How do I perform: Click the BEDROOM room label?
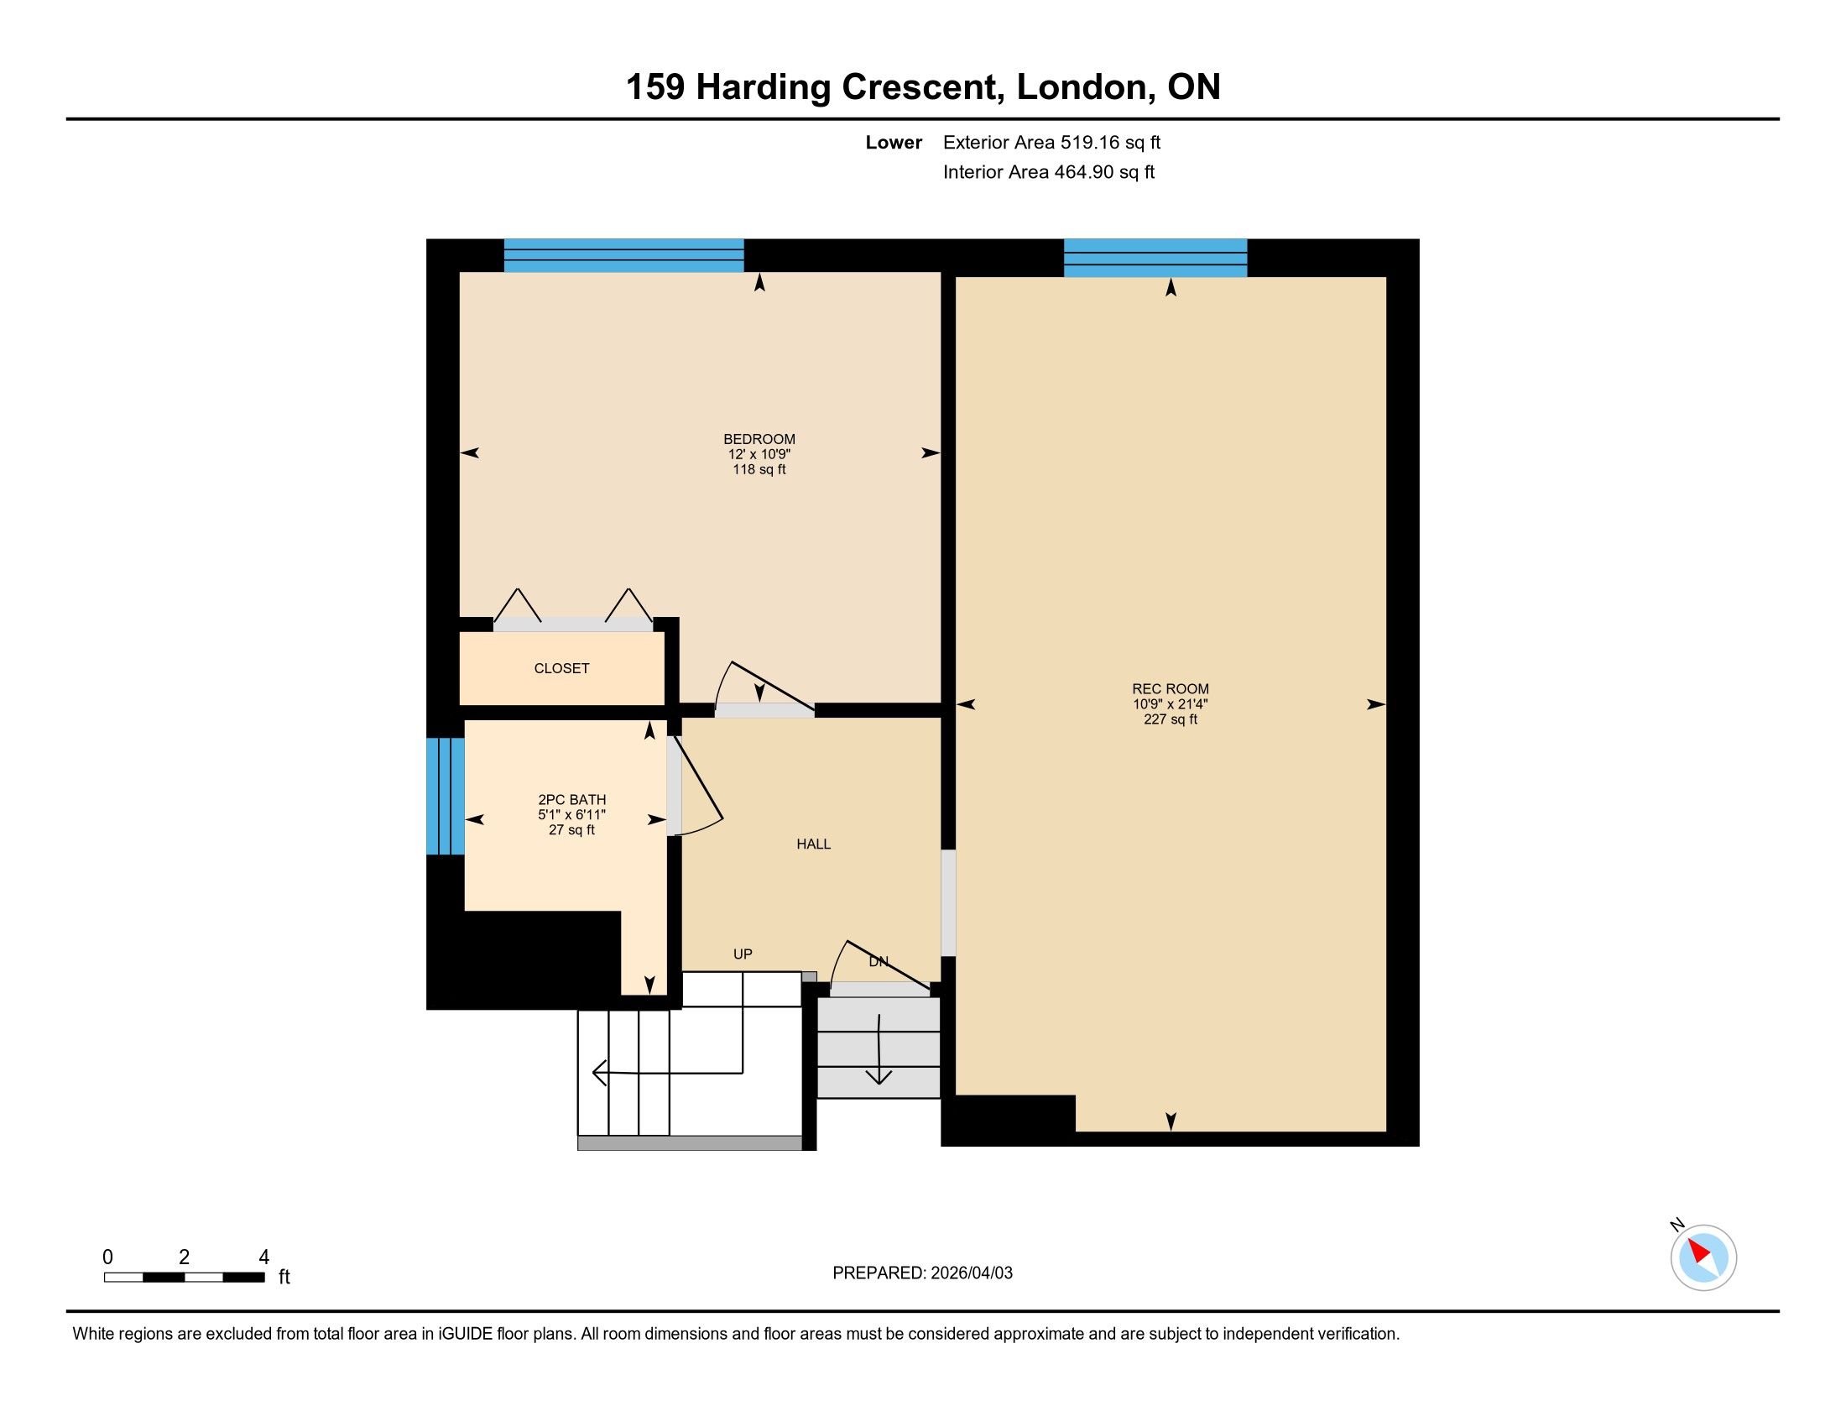coord(759,439)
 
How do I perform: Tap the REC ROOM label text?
coord(1171,689)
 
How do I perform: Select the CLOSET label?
coord(562,669)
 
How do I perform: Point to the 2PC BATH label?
coord(572,800)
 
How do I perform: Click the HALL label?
coord(814,844)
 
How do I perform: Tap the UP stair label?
coord(743,954)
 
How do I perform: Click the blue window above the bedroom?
coord(623,255)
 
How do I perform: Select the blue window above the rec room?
coord(1155,258)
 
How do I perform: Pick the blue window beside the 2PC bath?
coord(446,797)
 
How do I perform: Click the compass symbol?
coord(1703,1257)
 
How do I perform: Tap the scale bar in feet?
coord(185,1278)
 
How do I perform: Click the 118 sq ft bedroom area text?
coord(759,469)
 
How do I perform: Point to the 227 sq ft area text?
coord(1171,719)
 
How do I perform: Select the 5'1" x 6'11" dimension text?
coord(572,815)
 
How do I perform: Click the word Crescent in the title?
coord(923,87)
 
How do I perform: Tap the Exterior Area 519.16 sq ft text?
coord(1051,143)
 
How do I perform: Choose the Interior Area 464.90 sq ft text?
coord(1049,172)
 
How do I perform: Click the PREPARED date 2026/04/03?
coord(971,1273)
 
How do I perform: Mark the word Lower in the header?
coord(894,143)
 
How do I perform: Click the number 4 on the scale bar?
coord(263,1257)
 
